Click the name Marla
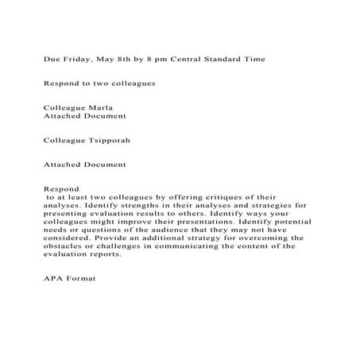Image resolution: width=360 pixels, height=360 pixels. click(99, 106)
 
